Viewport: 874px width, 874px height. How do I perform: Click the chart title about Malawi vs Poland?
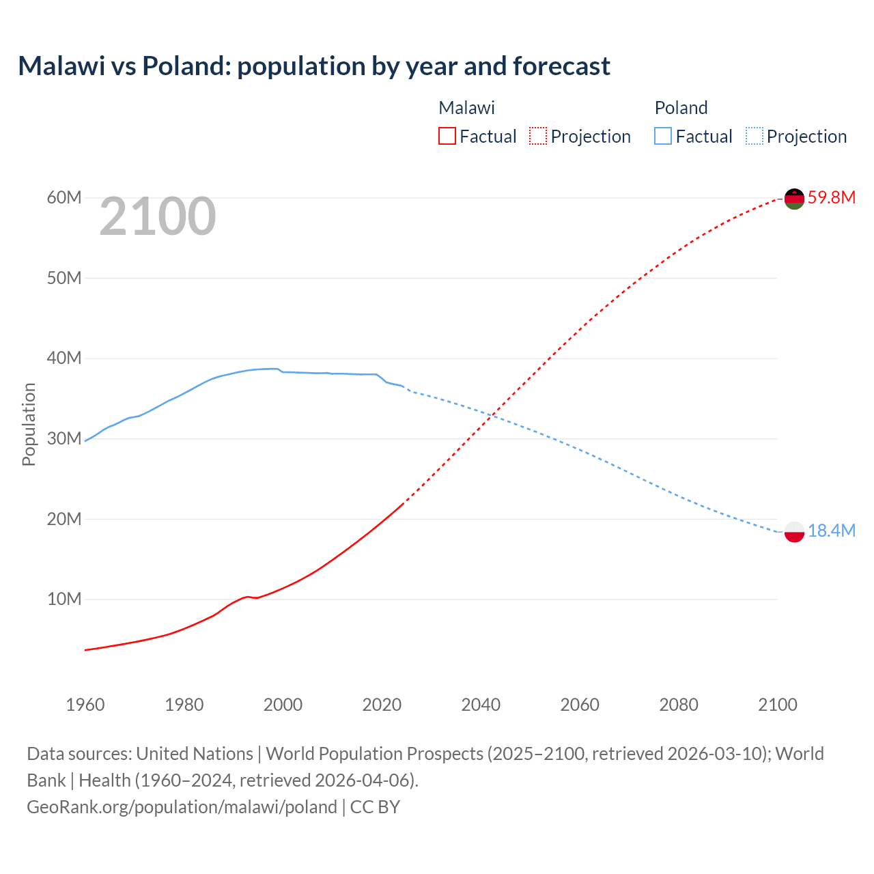[314, 66]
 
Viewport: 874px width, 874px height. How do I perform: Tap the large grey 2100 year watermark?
[158, 216]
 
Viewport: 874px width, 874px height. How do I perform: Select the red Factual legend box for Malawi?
[447, 136]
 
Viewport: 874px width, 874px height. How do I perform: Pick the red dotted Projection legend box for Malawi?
[538, 136]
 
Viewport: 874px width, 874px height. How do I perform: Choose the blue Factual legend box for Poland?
[663, 136]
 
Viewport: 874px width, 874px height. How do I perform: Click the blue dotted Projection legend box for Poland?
[755, 136]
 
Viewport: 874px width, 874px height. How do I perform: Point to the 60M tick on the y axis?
[64, 198]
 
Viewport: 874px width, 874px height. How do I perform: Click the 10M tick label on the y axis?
[64, 600]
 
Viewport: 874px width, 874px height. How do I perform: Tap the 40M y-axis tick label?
[64, 358]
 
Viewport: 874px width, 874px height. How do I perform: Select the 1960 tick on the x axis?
[85, 705]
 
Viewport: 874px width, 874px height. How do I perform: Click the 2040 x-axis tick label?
[481, 705]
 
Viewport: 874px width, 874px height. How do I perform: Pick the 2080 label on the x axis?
[679, 705]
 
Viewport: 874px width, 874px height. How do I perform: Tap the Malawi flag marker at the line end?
[794, 199]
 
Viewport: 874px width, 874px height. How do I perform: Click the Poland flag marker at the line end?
[794, 531]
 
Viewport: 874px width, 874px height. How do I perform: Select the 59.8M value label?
[832, 198]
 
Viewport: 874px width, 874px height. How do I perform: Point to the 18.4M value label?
[832, 531]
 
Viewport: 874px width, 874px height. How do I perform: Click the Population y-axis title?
[29, 424]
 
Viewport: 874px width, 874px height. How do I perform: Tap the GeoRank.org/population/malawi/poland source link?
[182, 807]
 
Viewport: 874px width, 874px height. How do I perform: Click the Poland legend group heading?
[681, 108]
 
